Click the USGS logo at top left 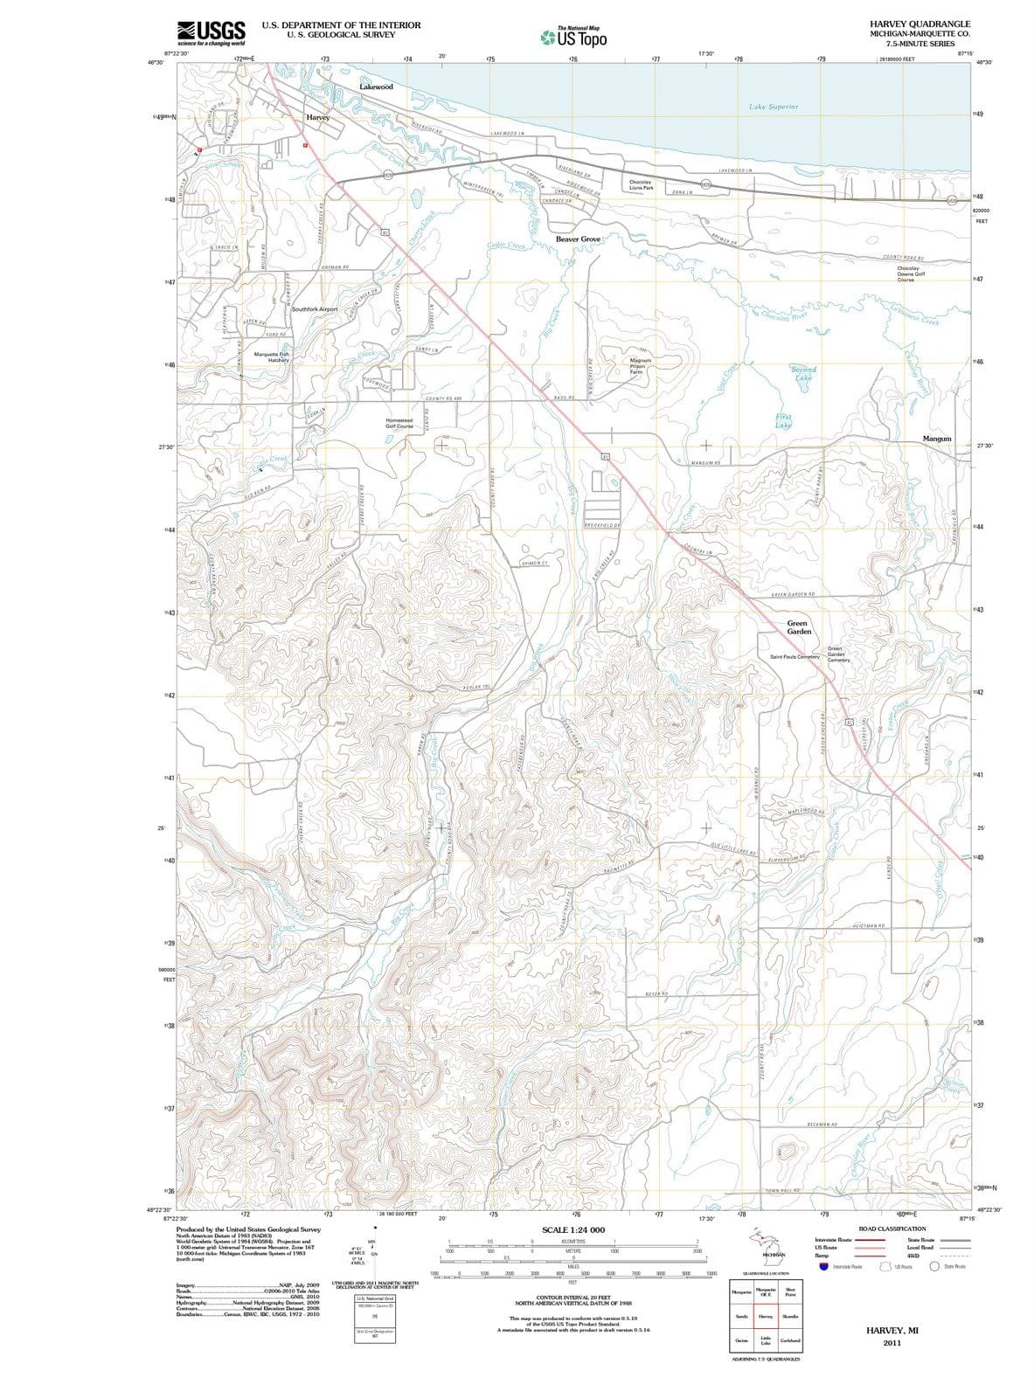coord(211,33)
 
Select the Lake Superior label coord(774,107)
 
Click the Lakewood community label coord(376,87)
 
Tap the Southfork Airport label coord(314,309)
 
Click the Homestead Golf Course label coord(399,423)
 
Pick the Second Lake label coord(803,374)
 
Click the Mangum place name coord(937,439)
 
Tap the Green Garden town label coord(799,627)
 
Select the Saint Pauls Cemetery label coord(795,656)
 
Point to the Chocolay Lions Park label coord(641,185)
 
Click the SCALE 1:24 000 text coord(573,1229)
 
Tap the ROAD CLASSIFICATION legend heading coord(892,1228)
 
